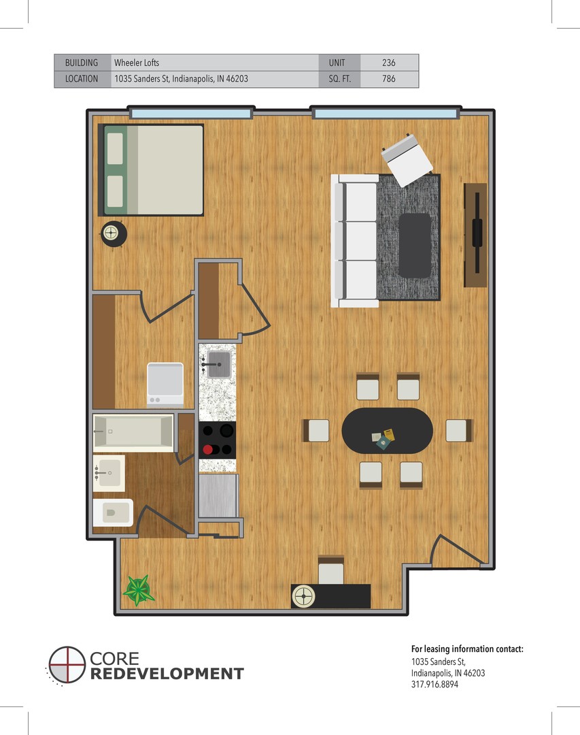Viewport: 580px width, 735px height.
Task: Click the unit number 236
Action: pos(388,63)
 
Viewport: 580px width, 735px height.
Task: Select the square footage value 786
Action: pos(388,79)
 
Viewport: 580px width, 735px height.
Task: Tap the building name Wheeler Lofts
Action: pos(137,63)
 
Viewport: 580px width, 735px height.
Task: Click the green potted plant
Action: pos(138,590)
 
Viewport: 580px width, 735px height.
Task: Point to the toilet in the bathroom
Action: pos(113,513)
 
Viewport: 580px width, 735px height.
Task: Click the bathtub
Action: pos(133,431)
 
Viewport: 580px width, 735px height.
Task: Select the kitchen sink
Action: pos(218,364)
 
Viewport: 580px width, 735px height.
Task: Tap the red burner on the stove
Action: pos(208,450)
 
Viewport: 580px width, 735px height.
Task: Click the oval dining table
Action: pos(388,431)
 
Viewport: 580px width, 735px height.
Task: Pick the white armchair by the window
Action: pos(406,159)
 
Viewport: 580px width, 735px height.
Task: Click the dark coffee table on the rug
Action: pos(415,245)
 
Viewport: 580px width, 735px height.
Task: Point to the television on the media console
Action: pos(477,233)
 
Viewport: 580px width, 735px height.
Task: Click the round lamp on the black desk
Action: pos(303,596)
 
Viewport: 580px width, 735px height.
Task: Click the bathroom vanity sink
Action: pos(109,473)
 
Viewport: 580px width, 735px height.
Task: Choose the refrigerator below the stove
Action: pos(218,496)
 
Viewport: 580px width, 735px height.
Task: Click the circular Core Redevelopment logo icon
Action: pos(67,665)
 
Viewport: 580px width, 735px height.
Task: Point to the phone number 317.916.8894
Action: pos(434,685)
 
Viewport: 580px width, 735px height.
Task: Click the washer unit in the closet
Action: pos(165,384)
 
